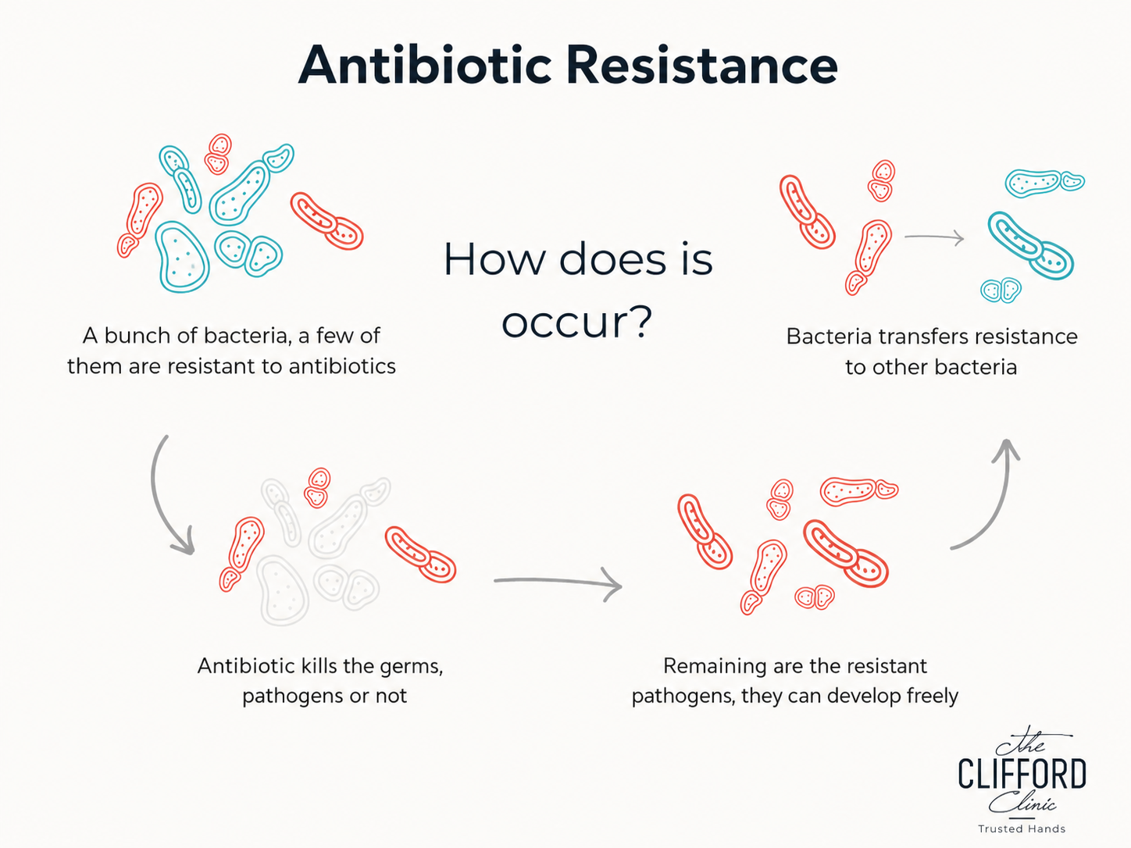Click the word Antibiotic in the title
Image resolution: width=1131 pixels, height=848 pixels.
click(425, 66)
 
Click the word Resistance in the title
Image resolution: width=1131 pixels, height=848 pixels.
click(701, 66)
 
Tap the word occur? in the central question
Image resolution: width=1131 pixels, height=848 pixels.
click(577, 322)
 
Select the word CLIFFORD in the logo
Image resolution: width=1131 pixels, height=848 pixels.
click(1022, 774)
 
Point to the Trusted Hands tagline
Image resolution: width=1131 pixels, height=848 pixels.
click(1022, 828)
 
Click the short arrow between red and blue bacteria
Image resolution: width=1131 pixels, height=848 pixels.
click(934, 237)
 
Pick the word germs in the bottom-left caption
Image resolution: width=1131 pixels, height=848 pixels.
click(411, 667)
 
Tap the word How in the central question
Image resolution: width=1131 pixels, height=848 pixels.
click(494, 259)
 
